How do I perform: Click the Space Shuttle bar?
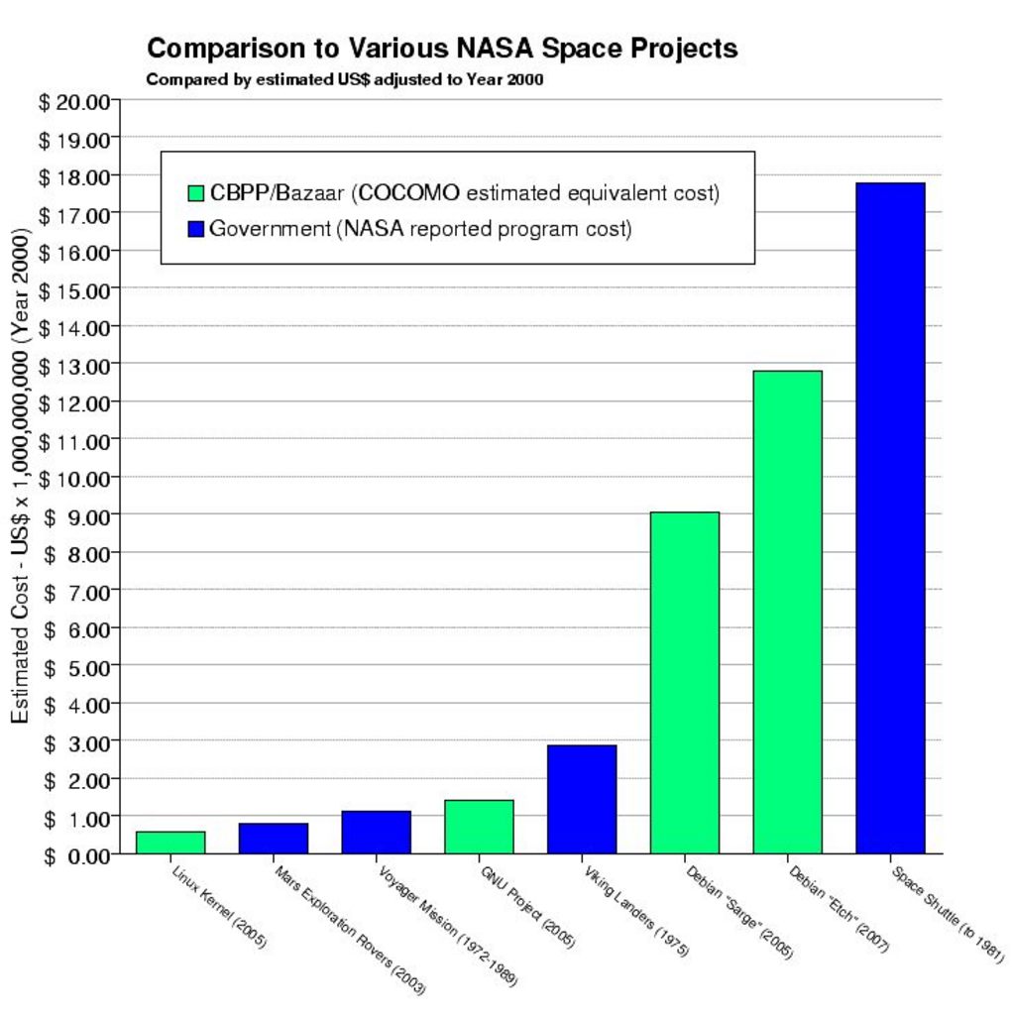point(890,517)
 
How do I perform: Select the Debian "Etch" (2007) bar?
point(787,613)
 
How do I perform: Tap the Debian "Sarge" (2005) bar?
point(684,683)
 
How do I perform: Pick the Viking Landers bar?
point(582,800)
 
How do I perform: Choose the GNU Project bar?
point(479,827)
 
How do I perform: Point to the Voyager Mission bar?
point(377,833)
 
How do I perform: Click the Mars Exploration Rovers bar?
point(274,839)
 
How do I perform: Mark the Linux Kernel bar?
point(170,843)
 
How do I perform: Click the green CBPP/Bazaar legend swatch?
point(195,193)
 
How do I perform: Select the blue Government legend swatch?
point(195,229)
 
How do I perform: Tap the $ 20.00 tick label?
point(74,102)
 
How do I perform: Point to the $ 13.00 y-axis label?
point(74,367)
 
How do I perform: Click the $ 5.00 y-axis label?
point(77,668)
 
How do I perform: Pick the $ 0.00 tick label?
point(77,856)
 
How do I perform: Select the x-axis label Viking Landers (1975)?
point(635,912)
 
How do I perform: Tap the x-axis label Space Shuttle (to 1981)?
point(948,915)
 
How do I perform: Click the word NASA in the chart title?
point(496,49)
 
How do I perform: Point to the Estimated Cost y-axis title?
point(20,476)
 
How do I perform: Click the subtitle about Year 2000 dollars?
point(345,79)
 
